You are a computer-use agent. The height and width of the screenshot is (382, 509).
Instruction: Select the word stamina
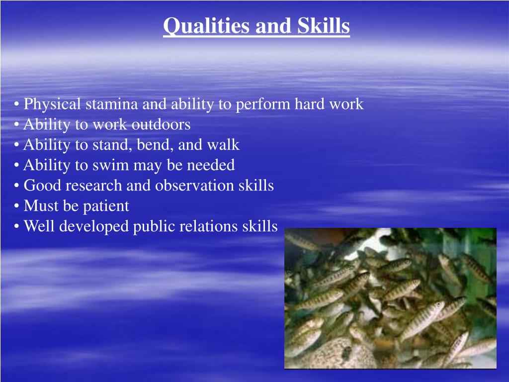(112, 104)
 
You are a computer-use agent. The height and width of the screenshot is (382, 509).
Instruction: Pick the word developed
(95, 226)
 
